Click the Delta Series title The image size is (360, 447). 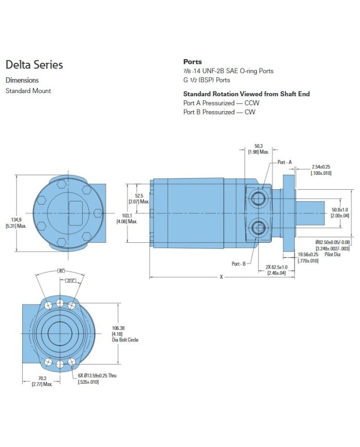tap(34, 65)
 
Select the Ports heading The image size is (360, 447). tap(192, 62)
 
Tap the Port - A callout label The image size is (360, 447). tap(284, 162)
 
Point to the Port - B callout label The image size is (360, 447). tap(239, 264)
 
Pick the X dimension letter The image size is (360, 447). tap(221, 277)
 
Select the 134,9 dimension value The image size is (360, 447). tap(16, 220)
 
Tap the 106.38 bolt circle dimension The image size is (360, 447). tap(118, 328)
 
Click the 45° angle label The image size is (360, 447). tap(61, 271)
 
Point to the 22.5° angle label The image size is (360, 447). tap(70, 280)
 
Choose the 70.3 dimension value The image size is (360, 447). tap(42, 378)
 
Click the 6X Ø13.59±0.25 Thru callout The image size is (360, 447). tap(97, 376)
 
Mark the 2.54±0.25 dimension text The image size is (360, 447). tap(321, 167)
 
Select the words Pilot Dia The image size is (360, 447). tap(332, 254)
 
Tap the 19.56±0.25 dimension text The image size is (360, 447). tap(308, 254)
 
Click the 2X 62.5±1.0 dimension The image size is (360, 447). tap(277, 267)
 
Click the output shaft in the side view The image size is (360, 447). tap(310, 213)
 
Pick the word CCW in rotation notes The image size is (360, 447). tap(252, 103)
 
